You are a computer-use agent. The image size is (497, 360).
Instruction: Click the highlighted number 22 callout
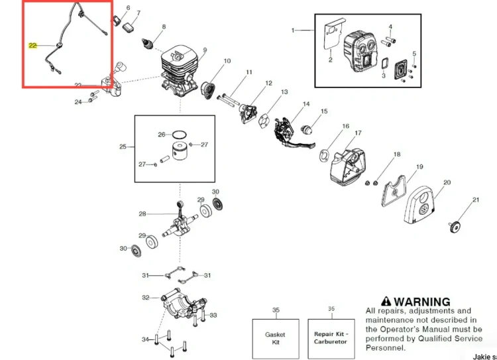click(32, 46)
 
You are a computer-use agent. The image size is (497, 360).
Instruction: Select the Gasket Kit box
click(276, 338)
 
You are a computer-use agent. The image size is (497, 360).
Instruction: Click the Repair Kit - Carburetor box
click(331, 338)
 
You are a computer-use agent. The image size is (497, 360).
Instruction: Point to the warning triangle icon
click(386, 301)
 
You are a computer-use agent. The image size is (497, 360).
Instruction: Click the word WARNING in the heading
click(422, 301)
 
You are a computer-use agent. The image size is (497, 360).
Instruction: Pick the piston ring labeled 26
click(179, 135)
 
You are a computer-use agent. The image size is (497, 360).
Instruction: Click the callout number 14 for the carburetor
click(306, 104)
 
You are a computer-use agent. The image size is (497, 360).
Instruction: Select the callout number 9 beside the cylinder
click(205, 50)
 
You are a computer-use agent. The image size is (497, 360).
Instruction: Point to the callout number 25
click(123, 147)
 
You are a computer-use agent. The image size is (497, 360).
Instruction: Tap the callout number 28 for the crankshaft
click(142, 214)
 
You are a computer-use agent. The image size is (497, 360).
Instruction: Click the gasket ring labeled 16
click(323, 156)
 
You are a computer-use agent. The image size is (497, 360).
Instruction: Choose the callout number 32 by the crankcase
click(146, 298)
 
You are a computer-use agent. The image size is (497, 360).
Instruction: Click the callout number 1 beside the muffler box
click(293, 30)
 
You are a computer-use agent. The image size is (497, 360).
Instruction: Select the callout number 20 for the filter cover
click(447, 183)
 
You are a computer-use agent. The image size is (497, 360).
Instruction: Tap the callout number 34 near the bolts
click(145, 339)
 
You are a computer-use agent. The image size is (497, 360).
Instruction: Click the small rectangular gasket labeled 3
click(385, 63)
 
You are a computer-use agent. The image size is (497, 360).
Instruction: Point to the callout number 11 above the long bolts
click(249, 72)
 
